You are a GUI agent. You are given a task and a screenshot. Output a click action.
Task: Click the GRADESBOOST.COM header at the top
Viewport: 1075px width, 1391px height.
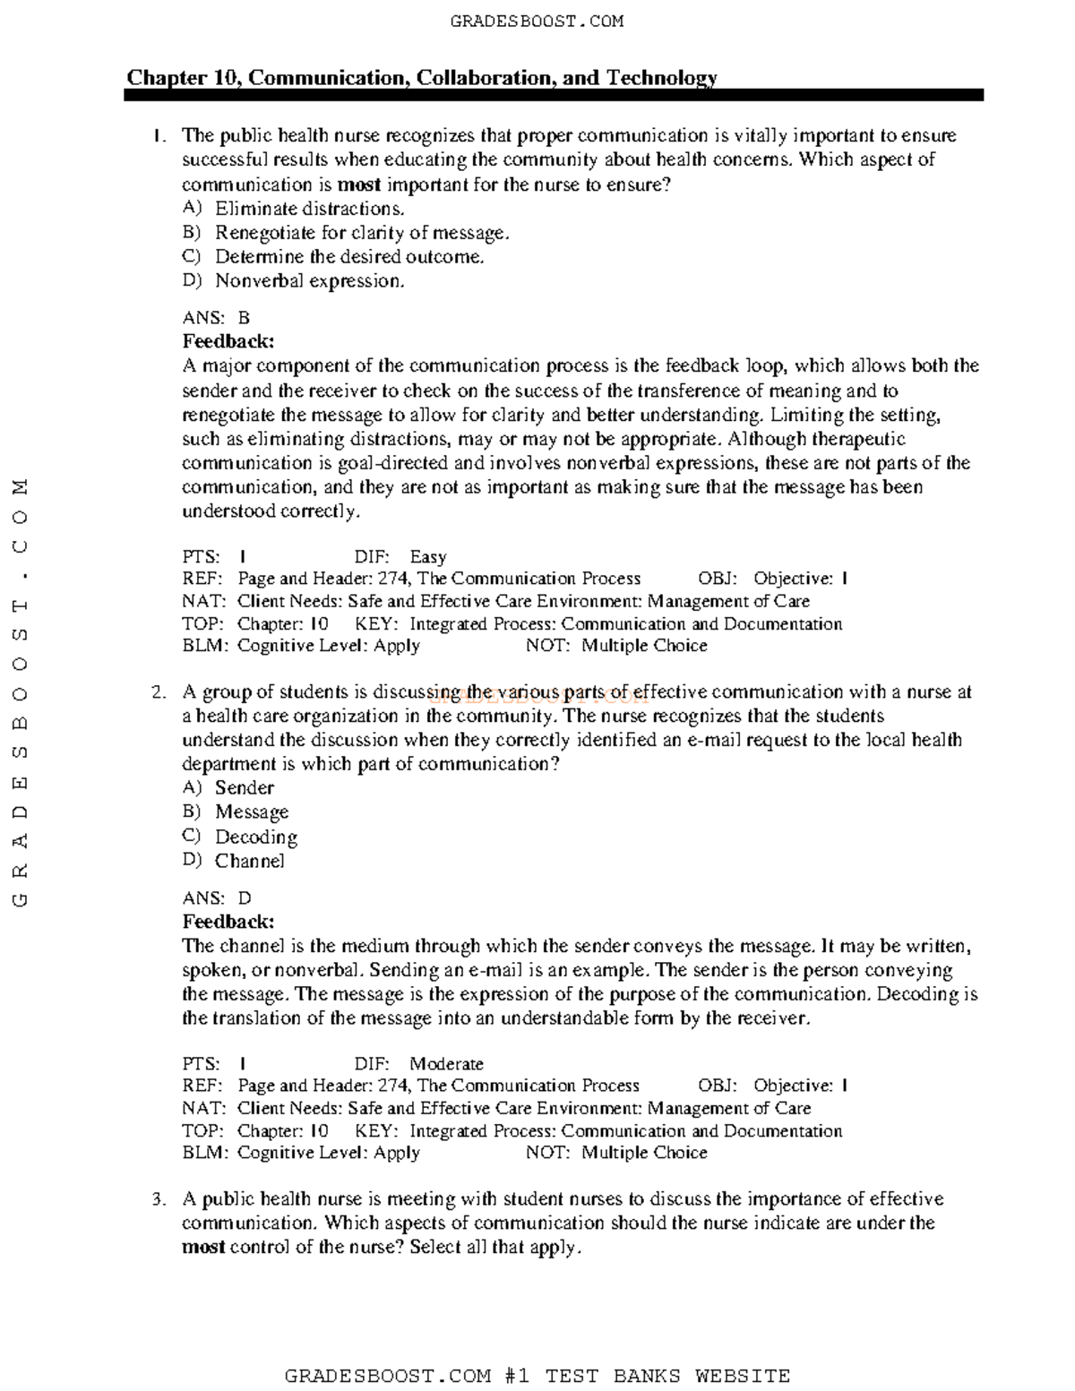pyautogui.click(x=537, y=21)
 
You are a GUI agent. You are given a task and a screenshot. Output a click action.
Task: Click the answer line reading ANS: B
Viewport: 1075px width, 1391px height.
pyautogui.click(x=216, y=318)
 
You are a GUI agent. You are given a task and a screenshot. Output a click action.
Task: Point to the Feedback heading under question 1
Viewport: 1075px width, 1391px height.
pyautogui.click(x=228, y=341)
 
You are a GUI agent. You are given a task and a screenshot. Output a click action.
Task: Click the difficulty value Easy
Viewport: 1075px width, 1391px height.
pyautogui.click(x=427, y=557)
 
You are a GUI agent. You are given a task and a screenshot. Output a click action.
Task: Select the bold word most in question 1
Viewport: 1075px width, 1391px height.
pyautogui.click(x=359, y=185)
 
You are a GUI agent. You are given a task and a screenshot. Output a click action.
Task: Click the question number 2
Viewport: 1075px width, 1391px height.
pyautogui.click(x=158, y=692)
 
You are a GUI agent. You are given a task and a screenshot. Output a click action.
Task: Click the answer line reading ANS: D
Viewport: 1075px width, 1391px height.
pyautogui.click(x=217, y=898)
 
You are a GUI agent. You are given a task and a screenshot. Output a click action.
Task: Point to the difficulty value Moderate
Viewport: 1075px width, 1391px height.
pyautogui.click(x=446, y=1064)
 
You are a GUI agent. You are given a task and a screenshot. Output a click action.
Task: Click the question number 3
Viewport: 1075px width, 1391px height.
pyautogui.click(x=158, y=1199)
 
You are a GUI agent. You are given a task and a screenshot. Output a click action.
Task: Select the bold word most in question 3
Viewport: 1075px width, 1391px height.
pyautogui.click(x=203, y=1248)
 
